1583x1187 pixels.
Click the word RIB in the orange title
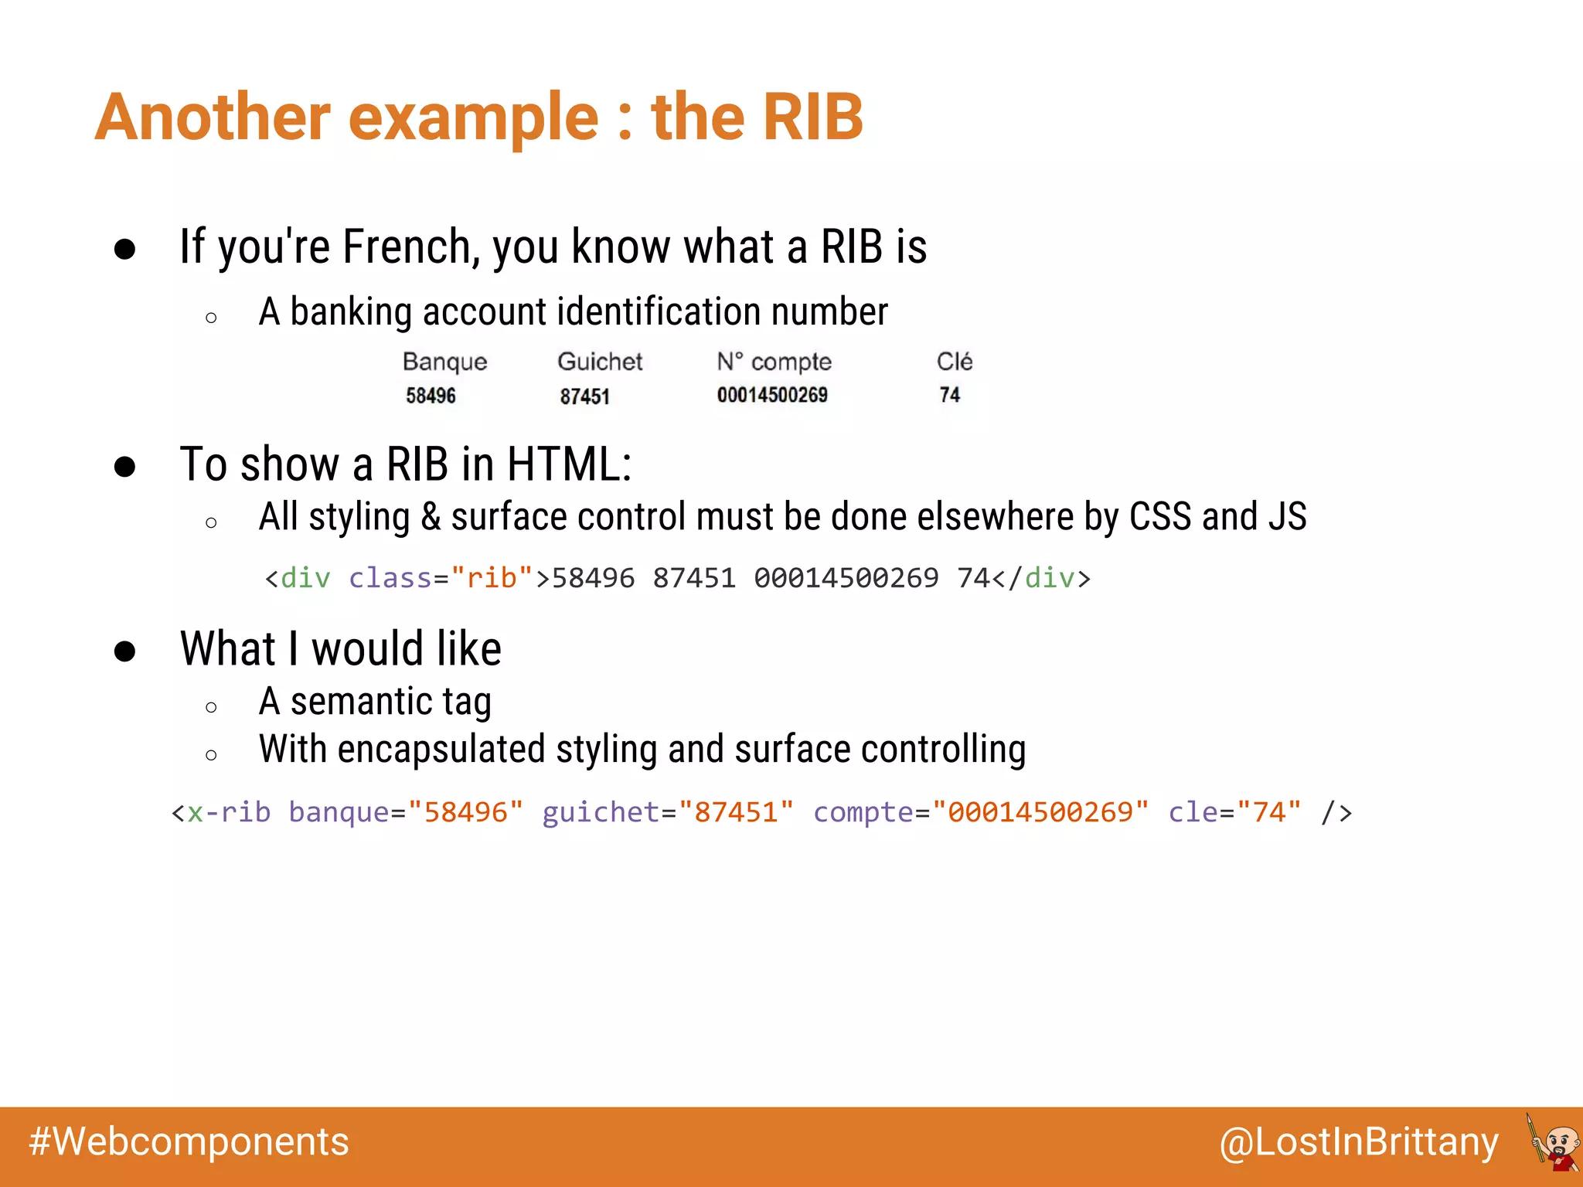tap(812, 117)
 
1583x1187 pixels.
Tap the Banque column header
tap(444, 362)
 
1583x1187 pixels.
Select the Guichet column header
tap(600, 362)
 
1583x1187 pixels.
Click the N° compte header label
tap(774, 362)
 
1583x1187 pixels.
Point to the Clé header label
tap(954, 361)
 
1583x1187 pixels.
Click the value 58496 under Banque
tap(431, 396)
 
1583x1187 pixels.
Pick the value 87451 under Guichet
tap(584, 396)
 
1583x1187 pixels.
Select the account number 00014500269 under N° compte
tap(771, 395)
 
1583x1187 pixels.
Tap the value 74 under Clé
tap(949, 395)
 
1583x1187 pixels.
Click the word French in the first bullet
tap(406, 247)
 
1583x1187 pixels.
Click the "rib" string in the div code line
tap(492, 578)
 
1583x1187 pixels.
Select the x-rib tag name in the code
tap(229, 812)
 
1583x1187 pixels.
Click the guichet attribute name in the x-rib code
tap(601, 812)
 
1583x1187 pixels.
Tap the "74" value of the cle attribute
tap(1268, 812)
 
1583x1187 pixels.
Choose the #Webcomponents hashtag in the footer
tap(189, 1142)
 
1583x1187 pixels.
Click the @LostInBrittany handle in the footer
tap(1359, 1142)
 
